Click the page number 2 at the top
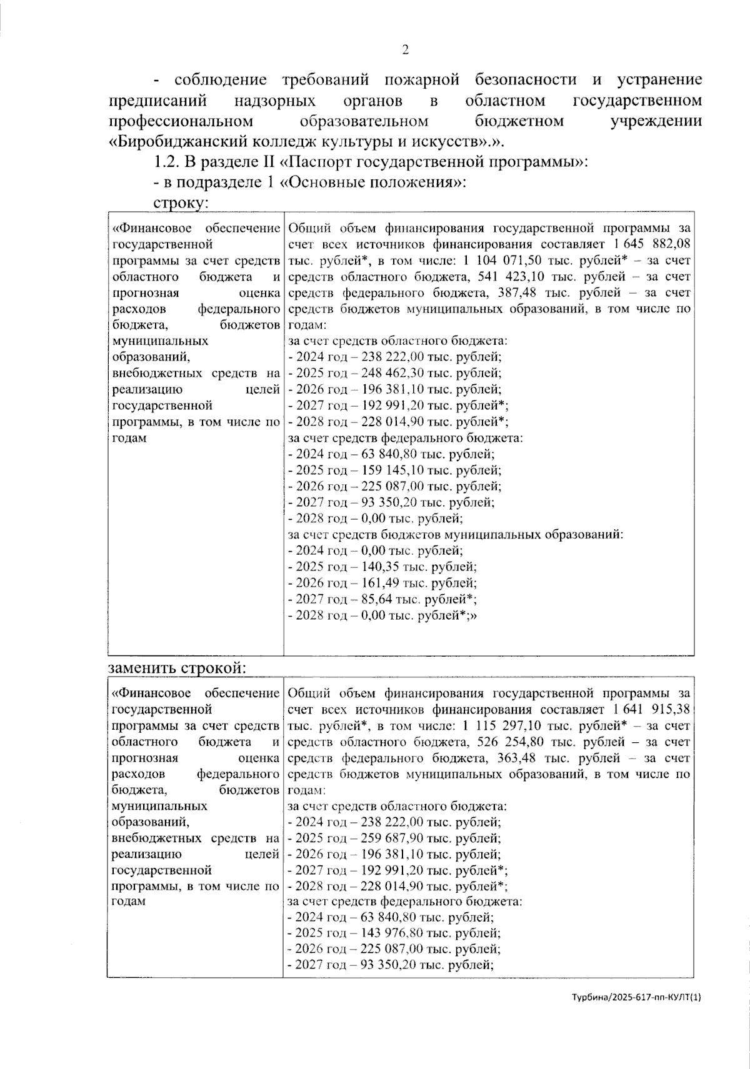tap(405, 51)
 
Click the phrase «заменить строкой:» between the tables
tap(177, 667)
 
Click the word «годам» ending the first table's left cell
tap(129, 437)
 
